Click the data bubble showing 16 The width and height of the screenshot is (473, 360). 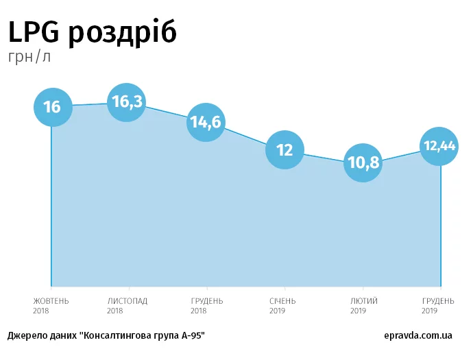(52, 107)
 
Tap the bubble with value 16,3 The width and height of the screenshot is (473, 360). (128, 103)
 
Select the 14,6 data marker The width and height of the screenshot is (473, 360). (206, 123)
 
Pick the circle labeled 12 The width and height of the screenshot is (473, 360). (284, 150)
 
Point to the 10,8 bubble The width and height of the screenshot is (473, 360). (362, 163)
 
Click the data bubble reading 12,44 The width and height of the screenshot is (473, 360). (439, 146)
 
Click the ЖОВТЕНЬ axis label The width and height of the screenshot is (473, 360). (51, 301)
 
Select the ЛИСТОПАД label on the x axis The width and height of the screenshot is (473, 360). (128, 301)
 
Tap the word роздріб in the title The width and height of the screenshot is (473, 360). (123, 33)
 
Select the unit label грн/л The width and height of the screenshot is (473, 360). (29, 57)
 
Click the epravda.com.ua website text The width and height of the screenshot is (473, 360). (418, 336)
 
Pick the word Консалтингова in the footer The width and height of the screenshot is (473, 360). (114, 336)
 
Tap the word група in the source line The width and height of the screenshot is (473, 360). (163, 337)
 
